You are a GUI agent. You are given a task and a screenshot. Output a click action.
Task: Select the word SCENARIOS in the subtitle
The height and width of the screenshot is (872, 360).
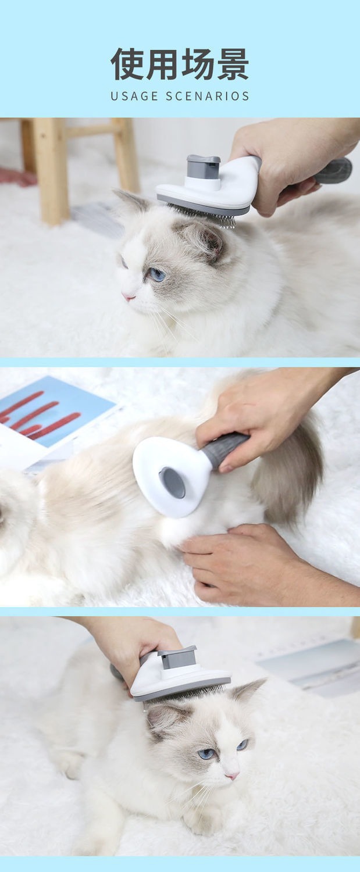[207, 96]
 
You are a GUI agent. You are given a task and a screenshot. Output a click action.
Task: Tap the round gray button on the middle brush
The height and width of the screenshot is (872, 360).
[173, 483]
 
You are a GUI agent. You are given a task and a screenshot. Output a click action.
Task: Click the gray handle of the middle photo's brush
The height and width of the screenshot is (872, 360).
[224, 449]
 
